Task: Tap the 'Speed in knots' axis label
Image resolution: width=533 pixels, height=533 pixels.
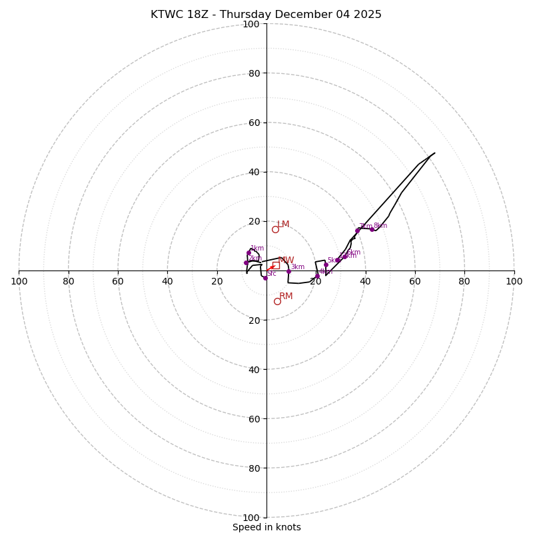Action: coord(266,527)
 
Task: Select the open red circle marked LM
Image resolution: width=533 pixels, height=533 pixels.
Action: coord(275,229)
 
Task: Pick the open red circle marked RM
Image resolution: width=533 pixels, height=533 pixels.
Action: coord(277,301)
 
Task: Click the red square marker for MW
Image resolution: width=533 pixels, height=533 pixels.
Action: coord(275,265)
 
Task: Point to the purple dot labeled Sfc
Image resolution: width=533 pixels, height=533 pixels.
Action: coord(265,278)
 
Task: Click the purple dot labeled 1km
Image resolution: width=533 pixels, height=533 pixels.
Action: coord(249,253)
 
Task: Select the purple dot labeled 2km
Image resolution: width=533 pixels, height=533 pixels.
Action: coord(246,263)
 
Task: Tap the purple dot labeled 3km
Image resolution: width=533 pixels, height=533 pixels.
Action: coord(288,271)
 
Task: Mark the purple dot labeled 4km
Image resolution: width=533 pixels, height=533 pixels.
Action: coord(317,275)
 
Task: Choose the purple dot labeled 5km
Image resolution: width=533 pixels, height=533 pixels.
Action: coord(326,265)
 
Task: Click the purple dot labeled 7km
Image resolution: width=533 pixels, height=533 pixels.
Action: coord(357,231)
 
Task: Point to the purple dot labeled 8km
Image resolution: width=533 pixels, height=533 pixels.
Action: coord(372,229)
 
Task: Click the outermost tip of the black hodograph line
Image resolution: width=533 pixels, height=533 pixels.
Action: coord(434,153)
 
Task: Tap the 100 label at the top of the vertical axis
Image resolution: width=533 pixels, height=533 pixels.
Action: coord(251,25)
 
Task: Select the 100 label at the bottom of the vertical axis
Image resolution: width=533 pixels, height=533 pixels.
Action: coord(251,518)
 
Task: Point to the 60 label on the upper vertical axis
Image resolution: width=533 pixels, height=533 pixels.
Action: coord(253,123)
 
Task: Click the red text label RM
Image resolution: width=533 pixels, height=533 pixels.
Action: coord(286,296)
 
